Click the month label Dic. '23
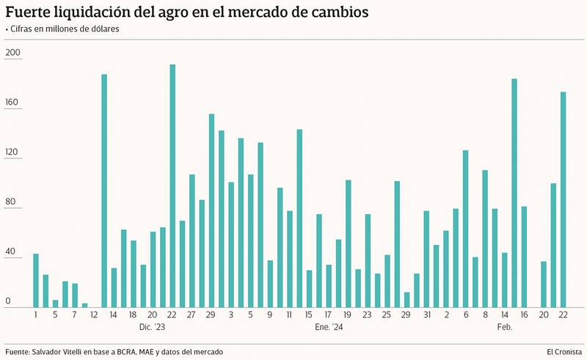[x=152, y=327]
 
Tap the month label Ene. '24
[x=328, y=327]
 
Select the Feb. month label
[x=504, y=327]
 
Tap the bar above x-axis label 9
[x=270, y=284]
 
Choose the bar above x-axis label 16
[x=524, y=257]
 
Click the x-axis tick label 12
[x=95, y=315]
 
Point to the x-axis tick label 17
[x=328, y=315]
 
